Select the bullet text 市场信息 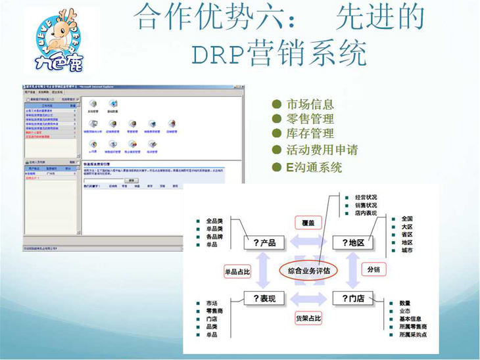[310, 104]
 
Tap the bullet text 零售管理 [310, 119]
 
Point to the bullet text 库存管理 [310, 134]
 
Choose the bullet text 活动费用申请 [322, 150]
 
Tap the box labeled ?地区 [353, 242]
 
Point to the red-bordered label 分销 [373, 269]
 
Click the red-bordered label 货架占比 [308, 318]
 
